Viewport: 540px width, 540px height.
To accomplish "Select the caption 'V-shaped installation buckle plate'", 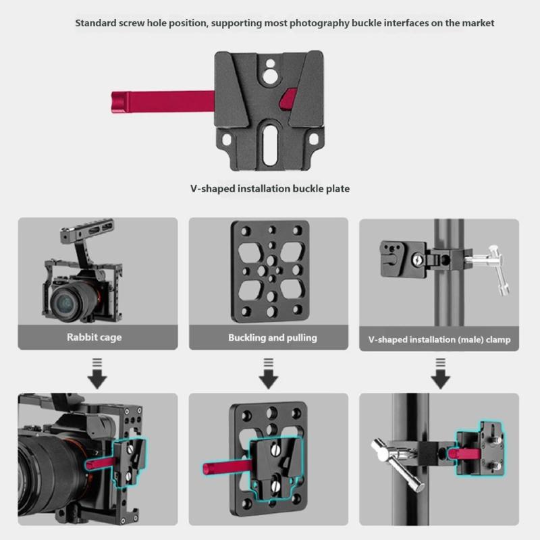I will pos(269,188).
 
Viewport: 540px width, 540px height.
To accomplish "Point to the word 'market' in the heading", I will pos(478,23).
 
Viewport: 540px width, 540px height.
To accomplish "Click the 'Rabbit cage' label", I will pos(94,337).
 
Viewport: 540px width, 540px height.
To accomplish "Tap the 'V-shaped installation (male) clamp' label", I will pos(439,340).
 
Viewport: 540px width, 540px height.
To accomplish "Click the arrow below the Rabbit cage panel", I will pos(98,376).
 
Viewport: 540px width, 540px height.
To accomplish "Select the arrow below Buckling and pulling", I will pos(269,376).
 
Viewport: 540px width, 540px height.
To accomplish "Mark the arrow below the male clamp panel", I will pos(441,376).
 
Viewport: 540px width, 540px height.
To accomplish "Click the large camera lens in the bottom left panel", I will pos(47,466).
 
